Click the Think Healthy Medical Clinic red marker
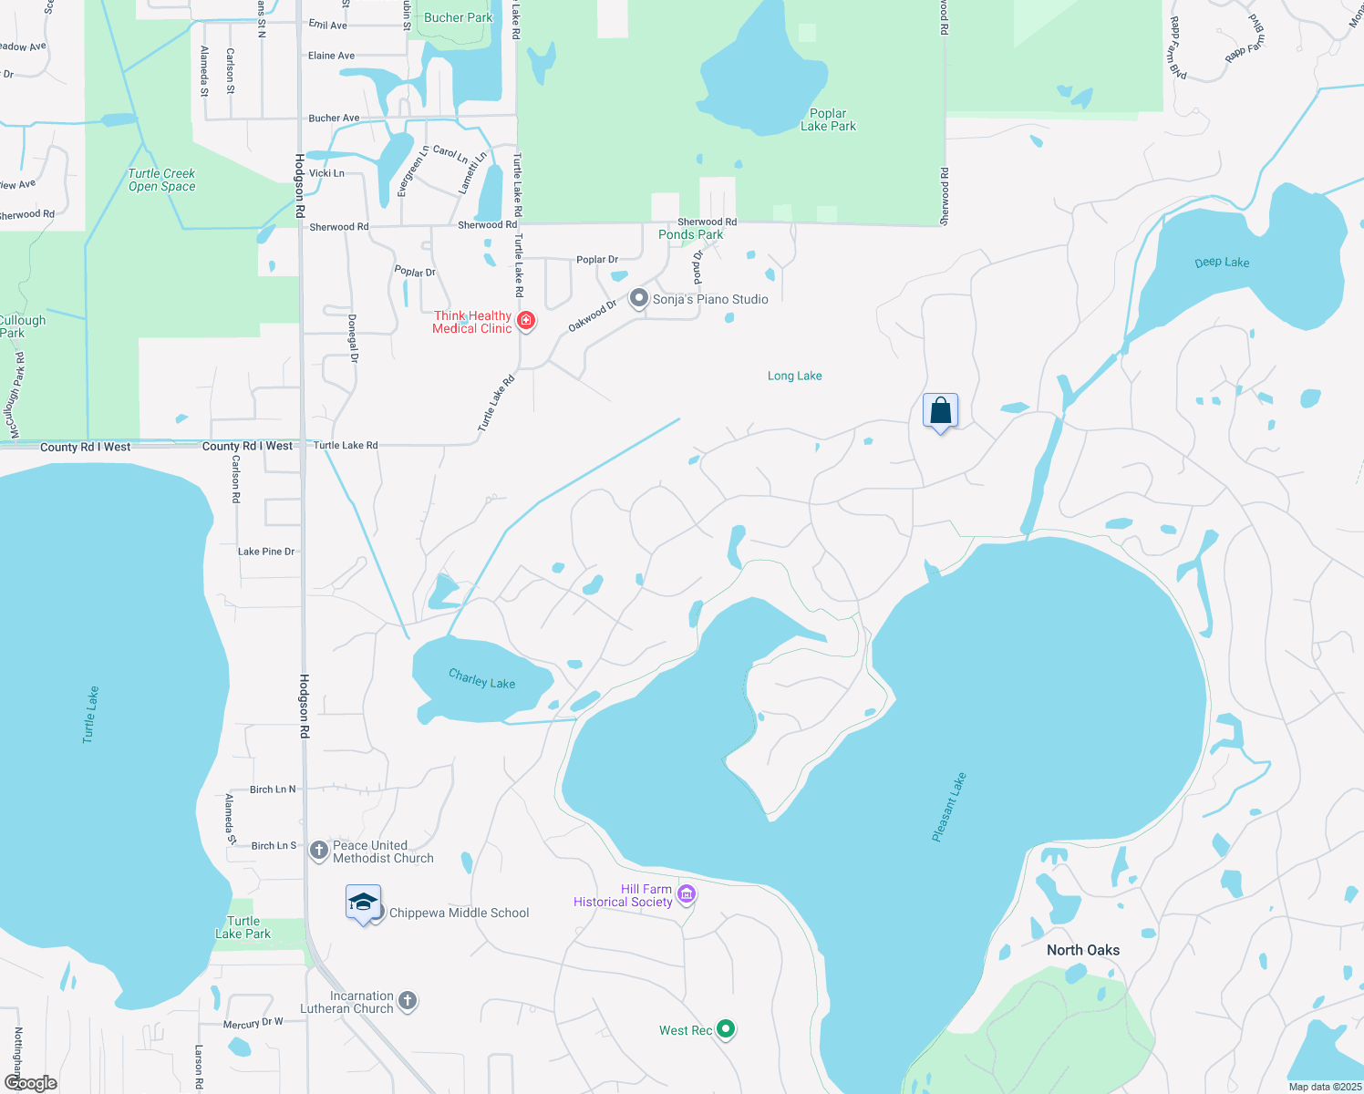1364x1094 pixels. click(526, 321)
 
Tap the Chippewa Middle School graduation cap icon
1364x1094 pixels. click(363, 903)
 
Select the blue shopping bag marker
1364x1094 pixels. click(940, 411)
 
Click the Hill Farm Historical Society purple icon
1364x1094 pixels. click(687, 895)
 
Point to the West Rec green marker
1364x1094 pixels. click(726, 1029)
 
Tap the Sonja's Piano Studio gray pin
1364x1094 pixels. click(639, 299)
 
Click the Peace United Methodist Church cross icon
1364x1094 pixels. click(318, 851)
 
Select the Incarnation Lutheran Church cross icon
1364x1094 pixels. click(408, 1002)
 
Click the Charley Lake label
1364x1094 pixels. click(481, 679)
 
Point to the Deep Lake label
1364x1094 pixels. click(1222, 263)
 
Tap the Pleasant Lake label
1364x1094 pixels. click(949, 807)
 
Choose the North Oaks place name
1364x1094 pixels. click(1082, 950)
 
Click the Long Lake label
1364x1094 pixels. click(794, 376)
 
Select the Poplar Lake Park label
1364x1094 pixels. click(828, 120)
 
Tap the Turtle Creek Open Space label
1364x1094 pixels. click(161, 180)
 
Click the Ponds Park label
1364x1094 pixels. click(690, 234)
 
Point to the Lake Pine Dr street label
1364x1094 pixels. click(266, 552)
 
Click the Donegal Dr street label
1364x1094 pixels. click(353, 338)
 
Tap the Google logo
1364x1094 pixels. click(30, 1082)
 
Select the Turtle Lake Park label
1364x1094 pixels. click(243, 927)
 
